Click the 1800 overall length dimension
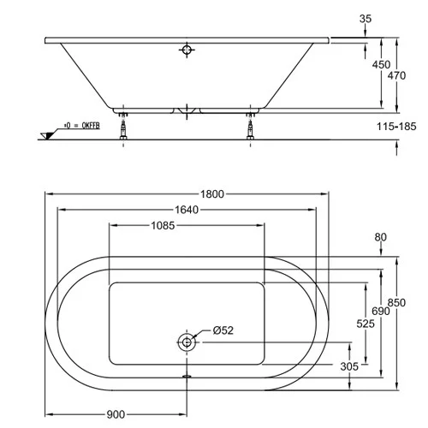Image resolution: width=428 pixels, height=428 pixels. click(x=213, y=193)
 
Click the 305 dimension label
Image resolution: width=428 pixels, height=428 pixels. click(x=349, y=366)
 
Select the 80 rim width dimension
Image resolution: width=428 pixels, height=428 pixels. click(x=382, y=237)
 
